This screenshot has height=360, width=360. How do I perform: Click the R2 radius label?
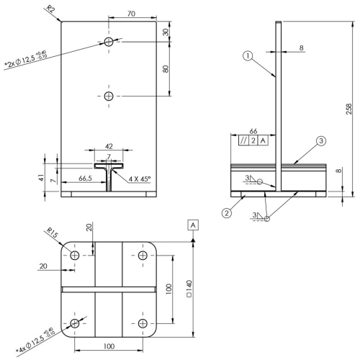50,9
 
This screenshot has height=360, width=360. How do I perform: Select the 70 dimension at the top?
131,14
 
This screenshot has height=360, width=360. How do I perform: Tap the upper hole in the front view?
109,42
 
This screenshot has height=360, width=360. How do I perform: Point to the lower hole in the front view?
109,96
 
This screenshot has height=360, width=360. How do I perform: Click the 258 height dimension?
348,109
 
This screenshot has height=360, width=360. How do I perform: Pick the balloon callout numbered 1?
248,56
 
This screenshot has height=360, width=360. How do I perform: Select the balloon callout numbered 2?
227,213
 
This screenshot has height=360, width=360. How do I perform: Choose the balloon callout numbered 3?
321,141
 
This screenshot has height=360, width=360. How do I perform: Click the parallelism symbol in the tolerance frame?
243,140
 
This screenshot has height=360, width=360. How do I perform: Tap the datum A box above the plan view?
193,225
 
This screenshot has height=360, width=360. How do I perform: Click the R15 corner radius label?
52,233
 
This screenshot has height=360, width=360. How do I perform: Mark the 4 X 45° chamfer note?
140,179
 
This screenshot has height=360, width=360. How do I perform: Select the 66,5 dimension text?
85,179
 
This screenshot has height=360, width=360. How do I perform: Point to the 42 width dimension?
109,146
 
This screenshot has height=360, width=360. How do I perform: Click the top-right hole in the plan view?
143,255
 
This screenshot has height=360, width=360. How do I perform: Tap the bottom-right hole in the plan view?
143,323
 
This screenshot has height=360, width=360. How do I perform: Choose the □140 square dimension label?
189,289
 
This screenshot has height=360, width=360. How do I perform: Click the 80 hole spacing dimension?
166,69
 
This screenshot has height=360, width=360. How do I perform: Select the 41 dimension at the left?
41,178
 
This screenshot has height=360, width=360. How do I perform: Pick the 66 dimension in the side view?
253,131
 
